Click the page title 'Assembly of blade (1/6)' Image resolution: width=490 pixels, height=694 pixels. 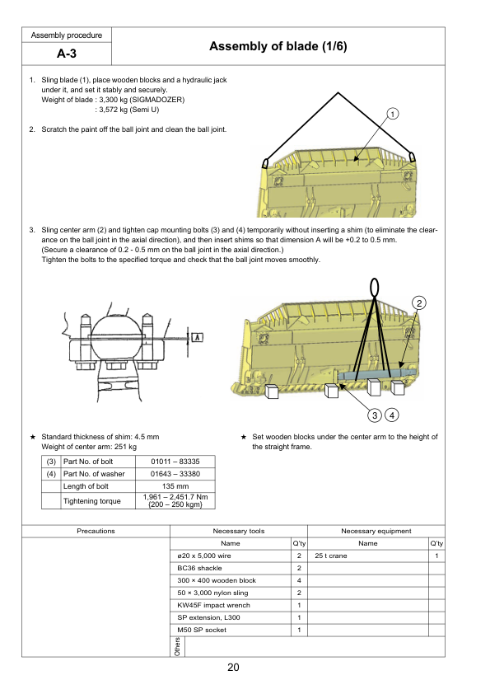coord(278,48)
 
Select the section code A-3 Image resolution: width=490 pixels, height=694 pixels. coord(66,54)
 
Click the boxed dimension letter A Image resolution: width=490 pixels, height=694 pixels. coord(198,336)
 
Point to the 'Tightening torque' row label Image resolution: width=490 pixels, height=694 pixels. coord(91,500)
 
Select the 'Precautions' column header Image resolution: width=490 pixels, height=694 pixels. coord(96,531)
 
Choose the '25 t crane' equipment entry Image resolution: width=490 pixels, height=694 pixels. coord(329,556)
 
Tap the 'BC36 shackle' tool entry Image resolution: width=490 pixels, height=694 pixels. coord(196,569)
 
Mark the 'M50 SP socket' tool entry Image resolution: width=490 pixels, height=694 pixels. coord(200,630)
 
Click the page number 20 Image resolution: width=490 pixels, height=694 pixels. coord(233,668)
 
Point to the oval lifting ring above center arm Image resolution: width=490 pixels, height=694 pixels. coord(375,286)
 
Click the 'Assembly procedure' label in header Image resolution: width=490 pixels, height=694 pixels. coord(66,35)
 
